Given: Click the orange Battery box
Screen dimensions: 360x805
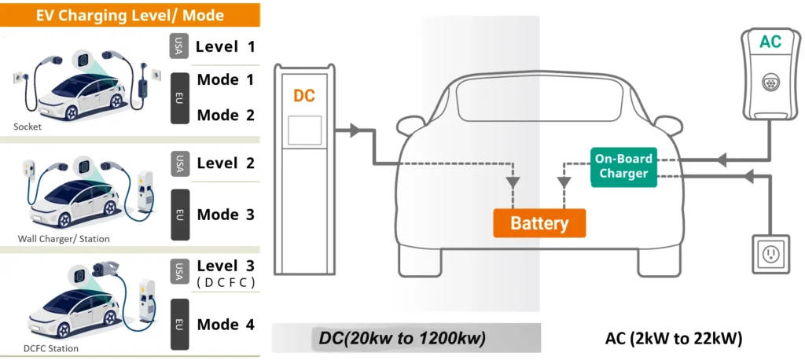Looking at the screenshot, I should [539, 223].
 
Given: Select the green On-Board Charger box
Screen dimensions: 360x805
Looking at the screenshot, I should [623, 166].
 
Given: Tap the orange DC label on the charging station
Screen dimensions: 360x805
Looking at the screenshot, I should [304, 95].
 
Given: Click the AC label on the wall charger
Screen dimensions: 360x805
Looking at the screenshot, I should [770, 42].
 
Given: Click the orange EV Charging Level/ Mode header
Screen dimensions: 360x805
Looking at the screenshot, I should [130, 15].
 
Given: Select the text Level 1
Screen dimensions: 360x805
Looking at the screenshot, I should [226, 46].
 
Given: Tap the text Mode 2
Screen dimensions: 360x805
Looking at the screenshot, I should [226, 115].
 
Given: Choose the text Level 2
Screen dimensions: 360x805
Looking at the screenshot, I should [226, 163].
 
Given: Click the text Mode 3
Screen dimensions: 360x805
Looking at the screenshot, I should [226, 215].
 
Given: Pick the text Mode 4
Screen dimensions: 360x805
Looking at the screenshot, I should [226, 325].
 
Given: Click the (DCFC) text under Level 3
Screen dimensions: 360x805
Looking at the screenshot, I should [226, 282].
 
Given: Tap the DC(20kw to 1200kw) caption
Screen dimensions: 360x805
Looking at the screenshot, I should [402, 338].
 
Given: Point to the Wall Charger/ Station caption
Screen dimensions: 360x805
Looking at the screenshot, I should [64, 238].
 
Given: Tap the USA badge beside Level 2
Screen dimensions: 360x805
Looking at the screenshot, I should [179, 163].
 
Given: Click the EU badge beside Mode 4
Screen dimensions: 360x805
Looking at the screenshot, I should [179, 324].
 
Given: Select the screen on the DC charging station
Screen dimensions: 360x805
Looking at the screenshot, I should [304, 130].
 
